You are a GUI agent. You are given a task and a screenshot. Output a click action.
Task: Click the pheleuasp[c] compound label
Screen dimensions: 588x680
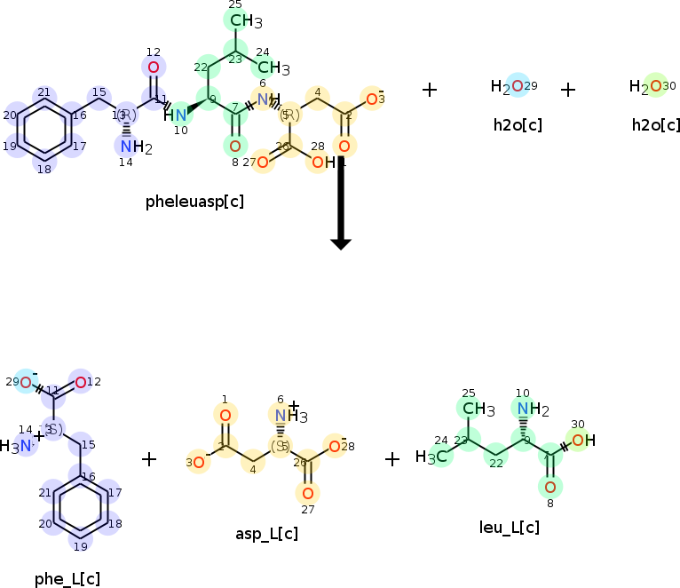point(194,202)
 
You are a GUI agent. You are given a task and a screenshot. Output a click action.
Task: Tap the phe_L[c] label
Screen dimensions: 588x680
point(67,579)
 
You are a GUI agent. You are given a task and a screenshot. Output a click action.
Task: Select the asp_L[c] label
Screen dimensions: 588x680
point(266,534)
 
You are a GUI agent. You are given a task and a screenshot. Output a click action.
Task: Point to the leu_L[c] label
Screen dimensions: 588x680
point(509,528)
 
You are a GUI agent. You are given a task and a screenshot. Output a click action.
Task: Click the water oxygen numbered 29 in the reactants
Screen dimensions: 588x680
point(518,86)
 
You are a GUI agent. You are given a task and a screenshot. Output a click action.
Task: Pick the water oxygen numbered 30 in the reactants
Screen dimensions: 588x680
point(655,86)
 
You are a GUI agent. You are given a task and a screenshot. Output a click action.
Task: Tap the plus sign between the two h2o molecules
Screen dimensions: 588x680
point(568,89)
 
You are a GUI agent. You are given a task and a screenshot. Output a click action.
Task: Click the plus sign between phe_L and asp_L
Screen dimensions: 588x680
point(149,458)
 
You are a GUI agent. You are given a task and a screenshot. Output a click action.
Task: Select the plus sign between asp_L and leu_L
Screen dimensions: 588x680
point(392,458)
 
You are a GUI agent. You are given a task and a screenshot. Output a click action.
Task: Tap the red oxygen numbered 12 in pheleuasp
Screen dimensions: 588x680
point(154,68)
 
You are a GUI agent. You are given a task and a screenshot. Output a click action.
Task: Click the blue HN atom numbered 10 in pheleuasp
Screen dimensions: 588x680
point(176,115)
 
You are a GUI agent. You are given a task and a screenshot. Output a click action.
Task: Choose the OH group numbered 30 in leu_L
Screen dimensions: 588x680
point(582,440)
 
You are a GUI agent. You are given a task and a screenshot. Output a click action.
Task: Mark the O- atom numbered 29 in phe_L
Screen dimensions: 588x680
point(27,382)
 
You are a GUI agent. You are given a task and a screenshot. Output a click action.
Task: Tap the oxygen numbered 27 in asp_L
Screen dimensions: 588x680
point(307,493)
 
